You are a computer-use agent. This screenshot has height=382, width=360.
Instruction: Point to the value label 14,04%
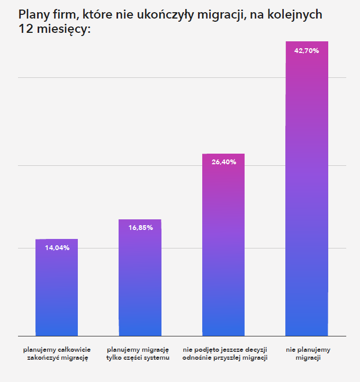point(57,247)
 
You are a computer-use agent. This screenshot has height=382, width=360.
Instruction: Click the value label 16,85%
point(140,228)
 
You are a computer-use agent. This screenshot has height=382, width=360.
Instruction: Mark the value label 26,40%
point(223,162)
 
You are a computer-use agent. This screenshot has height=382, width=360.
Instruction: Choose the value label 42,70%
point(307,50)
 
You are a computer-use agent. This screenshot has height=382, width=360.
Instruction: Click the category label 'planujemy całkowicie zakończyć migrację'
point(57,354)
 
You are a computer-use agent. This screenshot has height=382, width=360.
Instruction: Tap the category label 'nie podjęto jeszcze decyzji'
point(225,350)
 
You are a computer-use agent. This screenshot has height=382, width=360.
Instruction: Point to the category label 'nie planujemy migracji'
point(308,354)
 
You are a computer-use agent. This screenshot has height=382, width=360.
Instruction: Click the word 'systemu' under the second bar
point(157,358)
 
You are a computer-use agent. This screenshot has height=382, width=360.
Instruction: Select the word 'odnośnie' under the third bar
point(197,358)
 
